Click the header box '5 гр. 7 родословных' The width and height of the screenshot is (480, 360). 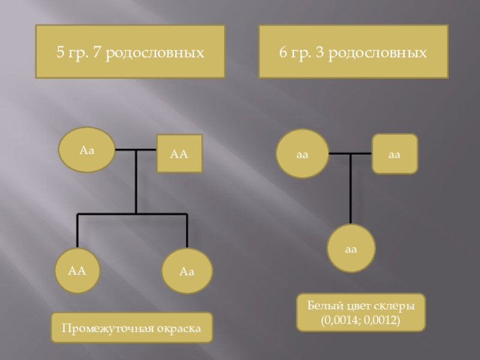(130, 52)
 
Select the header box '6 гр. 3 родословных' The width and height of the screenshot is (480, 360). (353, 52)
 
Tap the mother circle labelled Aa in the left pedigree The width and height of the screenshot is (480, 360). (87, 150)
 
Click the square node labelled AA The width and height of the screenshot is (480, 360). (179, 154)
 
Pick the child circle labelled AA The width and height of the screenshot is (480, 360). (77, 271)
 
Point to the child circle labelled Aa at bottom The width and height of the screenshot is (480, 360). (187, 271)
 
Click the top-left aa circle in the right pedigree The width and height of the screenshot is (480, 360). (302, 154)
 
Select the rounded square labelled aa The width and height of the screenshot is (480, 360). (394, 154)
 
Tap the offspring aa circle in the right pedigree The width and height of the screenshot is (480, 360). (352, 248)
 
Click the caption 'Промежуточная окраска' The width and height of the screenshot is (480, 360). (131, 328)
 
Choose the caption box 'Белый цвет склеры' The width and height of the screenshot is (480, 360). (361, 312)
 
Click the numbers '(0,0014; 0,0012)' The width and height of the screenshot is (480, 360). (361, 320)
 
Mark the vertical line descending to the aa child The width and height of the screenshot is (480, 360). (351, 192)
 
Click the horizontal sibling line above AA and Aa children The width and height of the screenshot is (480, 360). (132, 214)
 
